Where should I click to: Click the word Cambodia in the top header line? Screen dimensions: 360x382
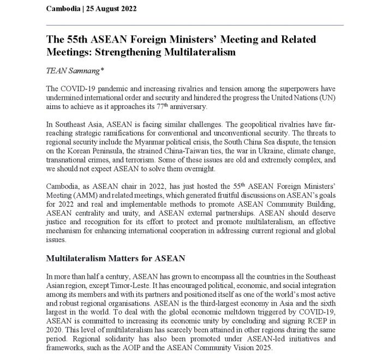[63, 9]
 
